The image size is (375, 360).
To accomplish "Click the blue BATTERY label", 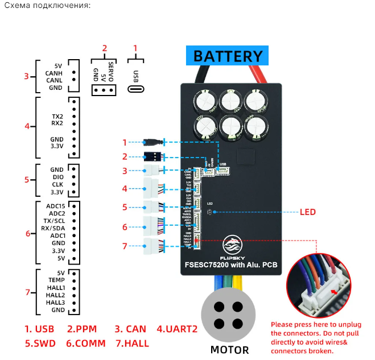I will point(228,57).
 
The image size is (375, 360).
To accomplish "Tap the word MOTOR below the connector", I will point(230,349).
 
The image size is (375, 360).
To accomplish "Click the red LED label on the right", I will point(307,212).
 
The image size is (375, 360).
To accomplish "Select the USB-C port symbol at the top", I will point(135,89).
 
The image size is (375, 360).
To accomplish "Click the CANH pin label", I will point(54,73).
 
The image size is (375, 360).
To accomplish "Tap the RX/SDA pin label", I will point(55,228).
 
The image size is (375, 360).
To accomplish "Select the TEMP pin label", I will point(56,280).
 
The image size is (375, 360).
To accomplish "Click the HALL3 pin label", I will point(55,303).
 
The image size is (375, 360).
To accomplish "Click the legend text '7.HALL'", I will point(132,344).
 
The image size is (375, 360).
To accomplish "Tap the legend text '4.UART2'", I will point(176,329).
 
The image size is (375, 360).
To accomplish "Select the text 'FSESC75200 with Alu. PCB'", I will point(230,263).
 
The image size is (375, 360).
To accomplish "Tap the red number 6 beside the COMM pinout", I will point(27,233).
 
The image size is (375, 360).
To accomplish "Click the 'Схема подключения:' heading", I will point(47,6).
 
